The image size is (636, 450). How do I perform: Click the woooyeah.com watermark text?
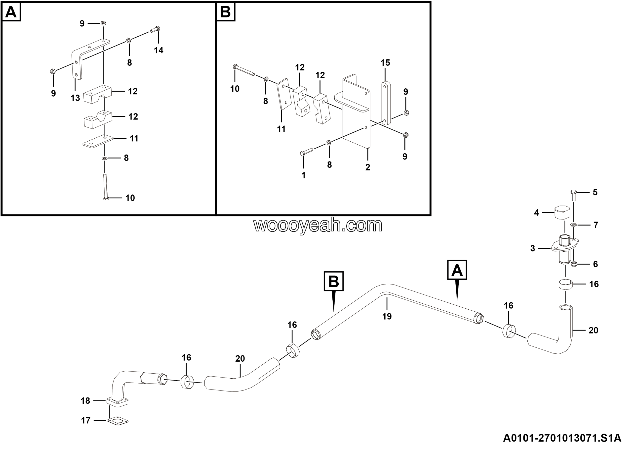(x=318, y=225)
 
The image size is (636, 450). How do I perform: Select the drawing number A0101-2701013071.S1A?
(x=562, y=438)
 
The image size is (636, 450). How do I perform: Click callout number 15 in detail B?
(x=385, y=63)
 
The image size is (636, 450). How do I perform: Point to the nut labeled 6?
(x=574, y=264)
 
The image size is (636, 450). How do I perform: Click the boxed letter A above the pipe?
(x=457, y=270)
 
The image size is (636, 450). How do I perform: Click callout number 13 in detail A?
(x=75, y=98)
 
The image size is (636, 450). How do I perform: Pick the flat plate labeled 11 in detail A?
(x=98, y=141)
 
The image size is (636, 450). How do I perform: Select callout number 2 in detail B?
(x=368, y=167)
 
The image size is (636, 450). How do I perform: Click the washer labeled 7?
(x=574, y=225)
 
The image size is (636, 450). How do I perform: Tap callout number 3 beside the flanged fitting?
(x=532, y=248)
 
